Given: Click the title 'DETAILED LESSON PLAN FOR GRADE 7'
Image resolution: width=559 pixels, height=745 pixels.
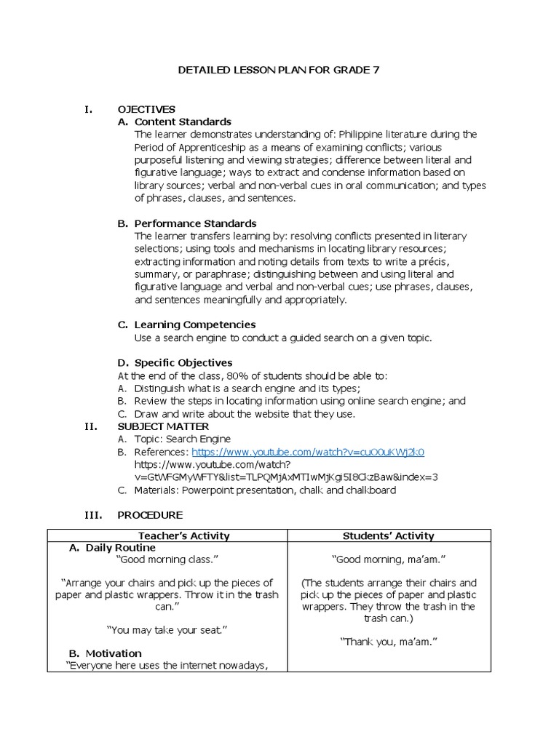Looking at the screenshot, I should pyautogui.click(x=279, y=71).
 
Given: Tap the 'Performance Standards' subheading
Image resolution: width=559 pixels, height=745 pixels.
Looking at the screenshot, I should pyautogui.click(x=195, y=223).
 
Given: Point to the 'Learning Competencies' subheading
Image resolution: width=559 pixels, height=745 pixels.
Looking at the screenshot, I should pyautogui.click(x=194, y=324).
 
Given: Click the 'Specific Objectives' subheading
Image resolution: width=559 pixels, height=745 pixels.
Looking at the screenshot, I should pyautogui.click(x=183, y=362).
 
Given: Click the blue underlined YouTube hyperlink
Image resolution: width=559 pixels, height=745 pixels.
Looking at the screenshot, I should pyautogui.click(x=308, y=452).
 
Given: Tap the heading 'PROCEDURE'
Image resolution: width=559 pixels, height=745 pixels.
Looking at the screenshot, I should pyautogui.click(x=150, y=515).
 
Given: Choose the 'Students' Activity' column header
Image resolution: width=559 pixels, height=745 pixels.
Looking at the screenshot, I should pyautogui.click(x=388, y=536).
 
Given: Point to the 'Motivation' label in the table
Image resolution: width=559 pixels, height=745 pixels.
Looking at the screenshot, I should pyautogui.click(x=114, y=653).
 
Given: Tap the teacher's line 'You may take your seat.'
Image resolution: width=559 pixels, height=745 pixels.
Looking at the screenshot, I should pyautogui.click(x=167, y=629).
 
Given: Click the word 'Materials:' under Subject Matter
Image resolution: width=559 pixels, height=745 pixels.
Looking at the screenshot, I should pyautogui.click(x=156, y=490).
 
